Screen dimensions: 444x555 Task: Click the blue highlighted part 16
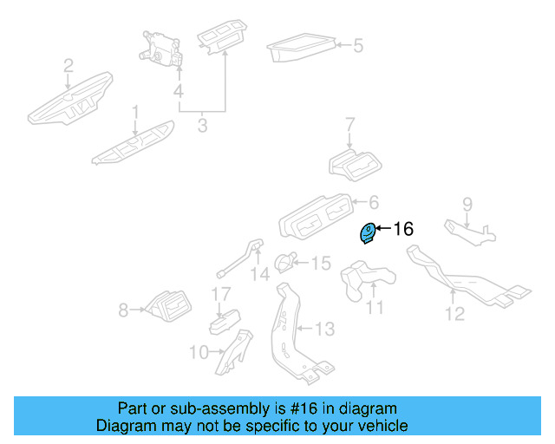click(368, 232)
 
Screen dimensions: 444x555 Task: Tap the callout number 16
click(404, 229)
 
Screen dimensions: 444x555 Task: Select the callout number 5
click(357, 44)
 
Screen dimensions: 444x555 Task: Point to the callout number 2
click(69, 65)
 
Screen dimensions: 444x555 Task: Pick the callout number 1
click(135, 112)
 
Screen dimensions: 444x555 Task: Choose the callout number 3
click(202, 126)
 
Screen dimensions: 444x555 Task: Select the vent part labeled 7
click(356, 164)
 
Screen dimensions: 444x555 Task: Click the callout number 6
click(374, 203)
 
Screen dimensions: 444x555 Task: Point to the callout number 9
click(467, 206)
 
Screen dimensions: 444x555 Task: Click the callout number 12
click(455, 313)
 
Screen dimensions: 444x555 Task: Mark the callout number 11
click(374, 307)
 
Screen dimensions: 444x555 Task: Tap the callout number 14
click(260, 275)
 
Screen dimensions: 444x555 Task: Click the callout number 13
click(323, 330)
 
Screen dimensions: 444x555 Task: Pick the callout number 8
click(123, 309)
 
